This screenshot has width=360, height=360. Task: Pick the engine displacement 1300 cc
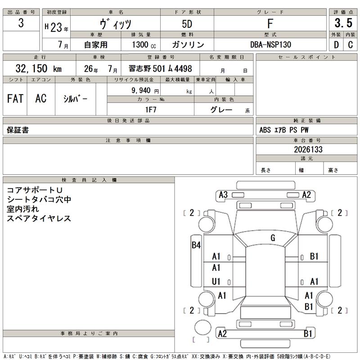point(138,45)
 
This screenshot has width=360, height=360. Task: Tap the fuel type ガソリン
point(188,45)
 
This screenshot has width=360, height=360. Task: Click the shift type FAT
point(15,99)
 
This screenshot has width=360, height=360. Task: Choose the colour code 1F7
point(150,109)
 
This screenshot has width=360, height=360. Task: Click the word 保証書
point(18,130)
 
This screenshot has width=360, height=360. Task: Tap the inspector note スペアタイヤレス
point(39,218)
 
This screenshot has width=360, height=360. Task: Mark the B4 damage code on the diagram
point(196,245)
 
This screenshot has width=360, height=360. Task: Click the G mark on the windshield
point(273,238)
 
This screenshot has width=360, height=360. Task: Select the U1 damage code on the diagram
point(216,281)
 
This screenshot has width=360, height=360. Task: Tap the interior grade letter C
point(350,45)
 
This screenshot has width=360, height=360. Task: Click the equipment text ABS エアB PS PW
point(284,130)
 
